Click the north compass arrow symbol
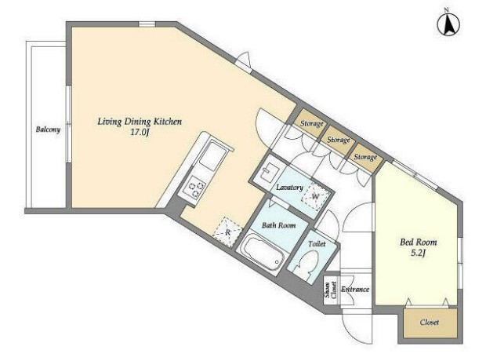[x=448, y=25]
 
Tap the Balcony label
[x=48, y=129]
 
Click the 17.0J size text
[x=140, y=133]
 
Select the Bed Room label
[x=418, y=242]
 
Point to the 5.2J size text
[x=418, y=253]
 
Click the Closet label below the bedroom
[x=430, y=323]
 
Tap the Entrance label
[x=355, y=290]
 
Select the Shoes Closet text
[x=331, y=290]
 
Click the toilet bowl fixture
[x=305, y=264]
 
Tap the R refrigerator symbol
[x=228, y=232]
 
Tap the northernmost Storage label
[x=312, y=123]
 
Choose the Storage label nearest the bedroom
[x=365, y=157]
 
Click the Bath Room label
[x=278, y=225]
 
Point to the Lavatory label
[x=290, y=188]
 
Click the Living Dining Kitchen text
[x=140, y=122]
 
